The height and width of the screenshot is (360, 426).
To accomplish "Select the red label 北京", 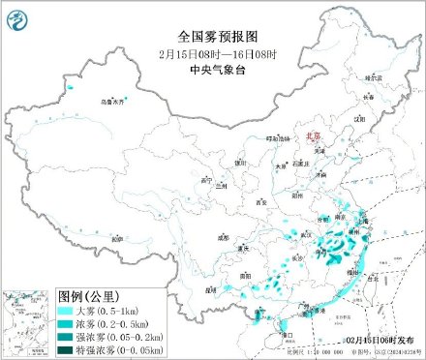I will point(313,137).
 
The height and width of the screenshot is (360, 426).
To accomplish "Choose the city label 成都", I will point(224,235).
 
